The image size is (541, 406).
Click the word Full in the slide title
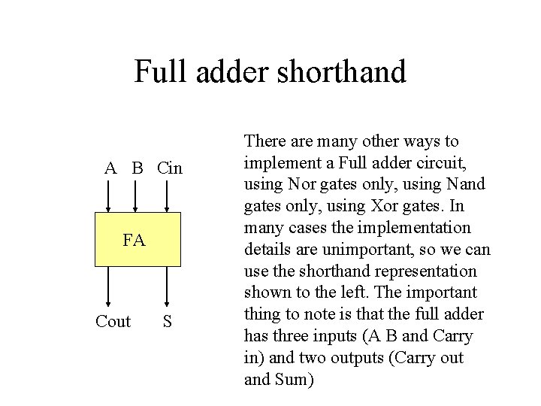[x=155, y=71]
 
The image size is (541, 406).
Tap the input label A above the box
[x=110, y=168]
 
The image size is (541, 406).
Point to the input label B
[x=137, y=168]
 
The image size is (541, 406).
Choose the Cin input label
[x=170, y=168]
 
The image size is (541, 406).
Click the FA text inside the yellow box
[x=134, y=241]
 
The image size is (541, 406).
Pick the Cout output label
[x=113, y=322]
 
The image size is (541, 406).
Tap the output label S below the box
[x=168, y=322]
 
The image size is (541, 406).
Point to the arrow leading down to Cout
[x=110, y=286]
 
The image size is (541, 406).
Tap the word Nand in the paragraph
[x=466, y=184]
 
